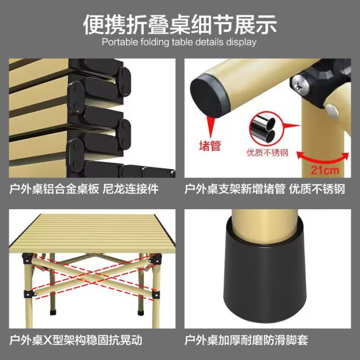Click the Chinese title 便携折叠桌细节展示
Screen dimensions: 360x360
180,25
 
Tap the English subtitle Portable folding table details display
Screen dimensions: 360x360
179,42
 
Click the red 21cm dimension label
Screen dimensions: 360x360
325,170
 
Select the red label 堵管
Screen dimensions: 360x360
210,146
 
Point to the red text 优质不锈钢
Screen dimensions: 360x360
267,153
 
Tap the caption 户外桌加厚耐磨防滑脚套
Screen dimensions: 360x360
246,340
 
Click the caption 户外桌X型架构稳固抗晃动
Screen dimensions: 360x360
76,340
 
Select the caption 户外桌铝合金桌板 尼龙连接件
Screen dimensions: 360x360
84,189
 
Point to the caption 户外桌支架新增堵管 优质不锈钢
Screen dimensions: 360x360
265,189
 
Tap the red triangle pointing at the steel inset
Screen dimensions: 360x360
292,125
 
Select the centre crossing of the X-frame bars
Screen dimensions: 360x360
92,275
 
